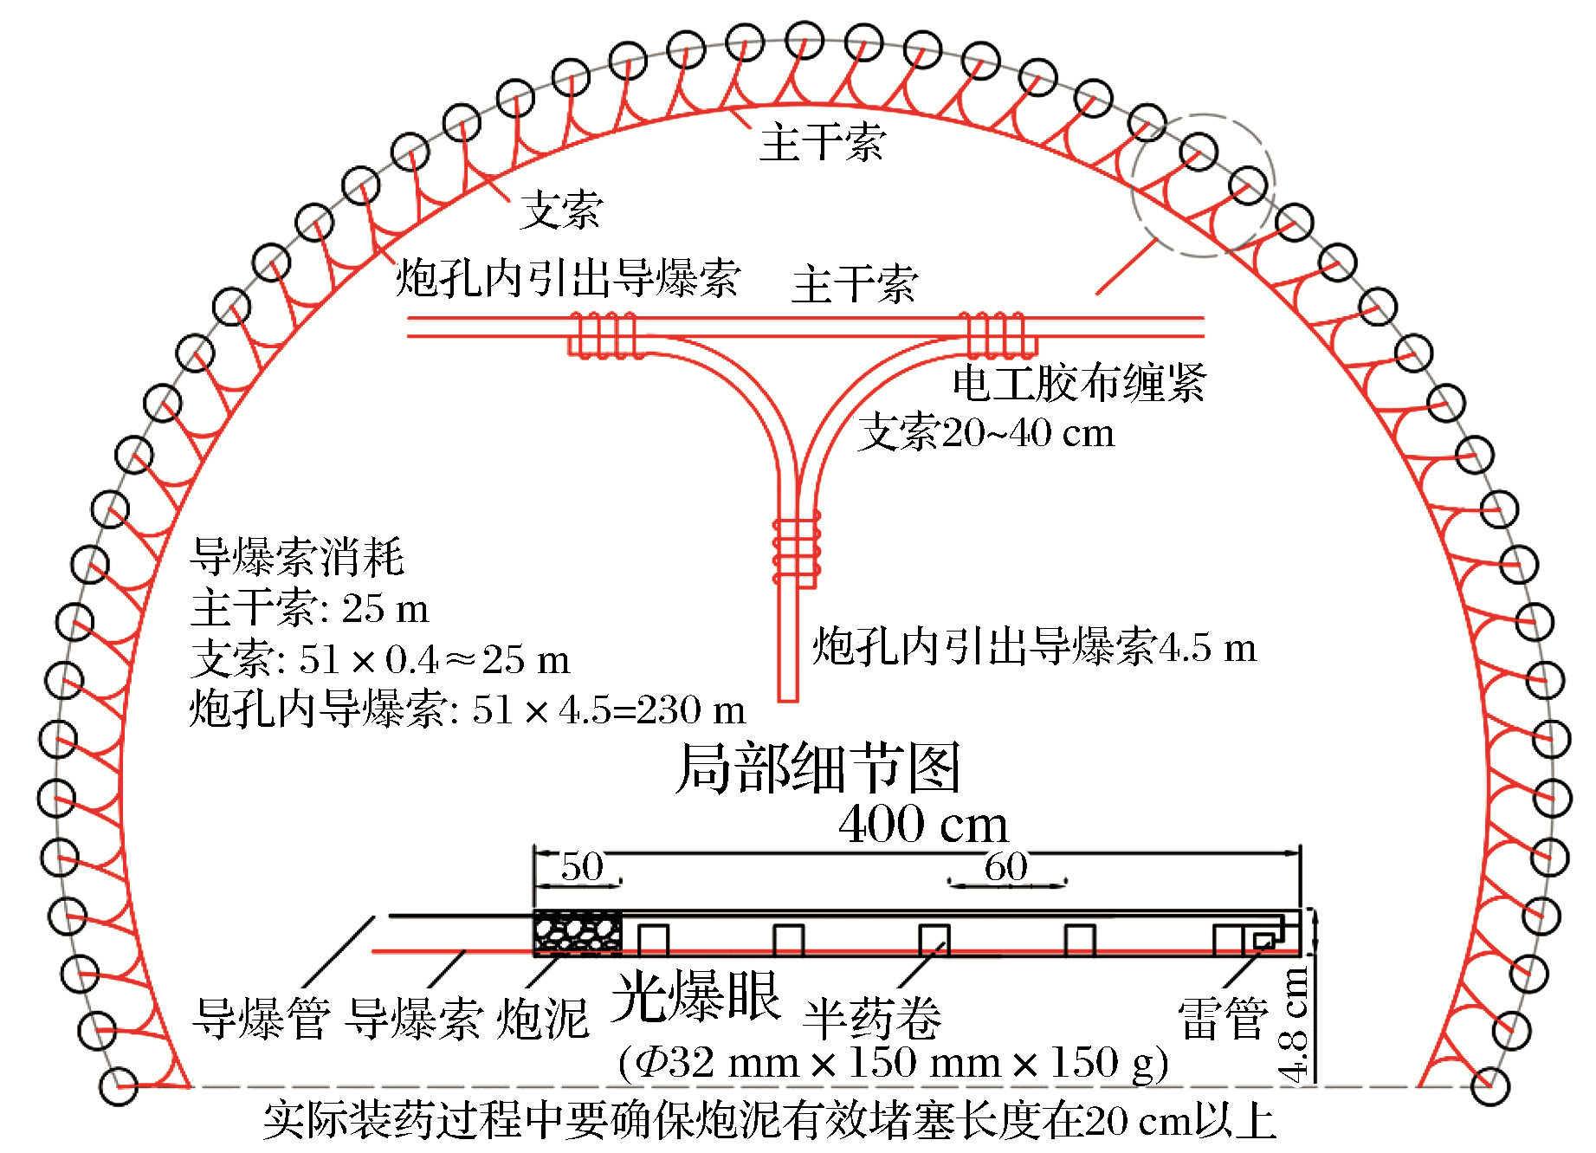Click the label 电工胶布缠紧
[1078, 382]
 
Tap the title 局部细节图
[817, 768]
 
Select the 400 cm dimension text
[923, 824]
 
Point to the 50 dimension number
[582, 866]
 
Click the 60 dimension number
[1006, 866]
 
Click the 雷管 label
[1223, 1018]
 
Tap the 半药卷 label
[872, 1018]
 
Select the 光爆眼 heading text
[695, 996]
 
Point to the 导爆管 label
[262, 1018]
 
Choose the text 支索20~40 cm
[985, 433]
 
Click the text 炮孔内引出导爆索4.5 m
[1034, 647]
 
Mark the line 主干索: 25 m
[310, 608]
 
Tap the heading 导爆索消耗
[297, 556]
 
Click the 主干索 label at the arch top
[822, 143]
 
